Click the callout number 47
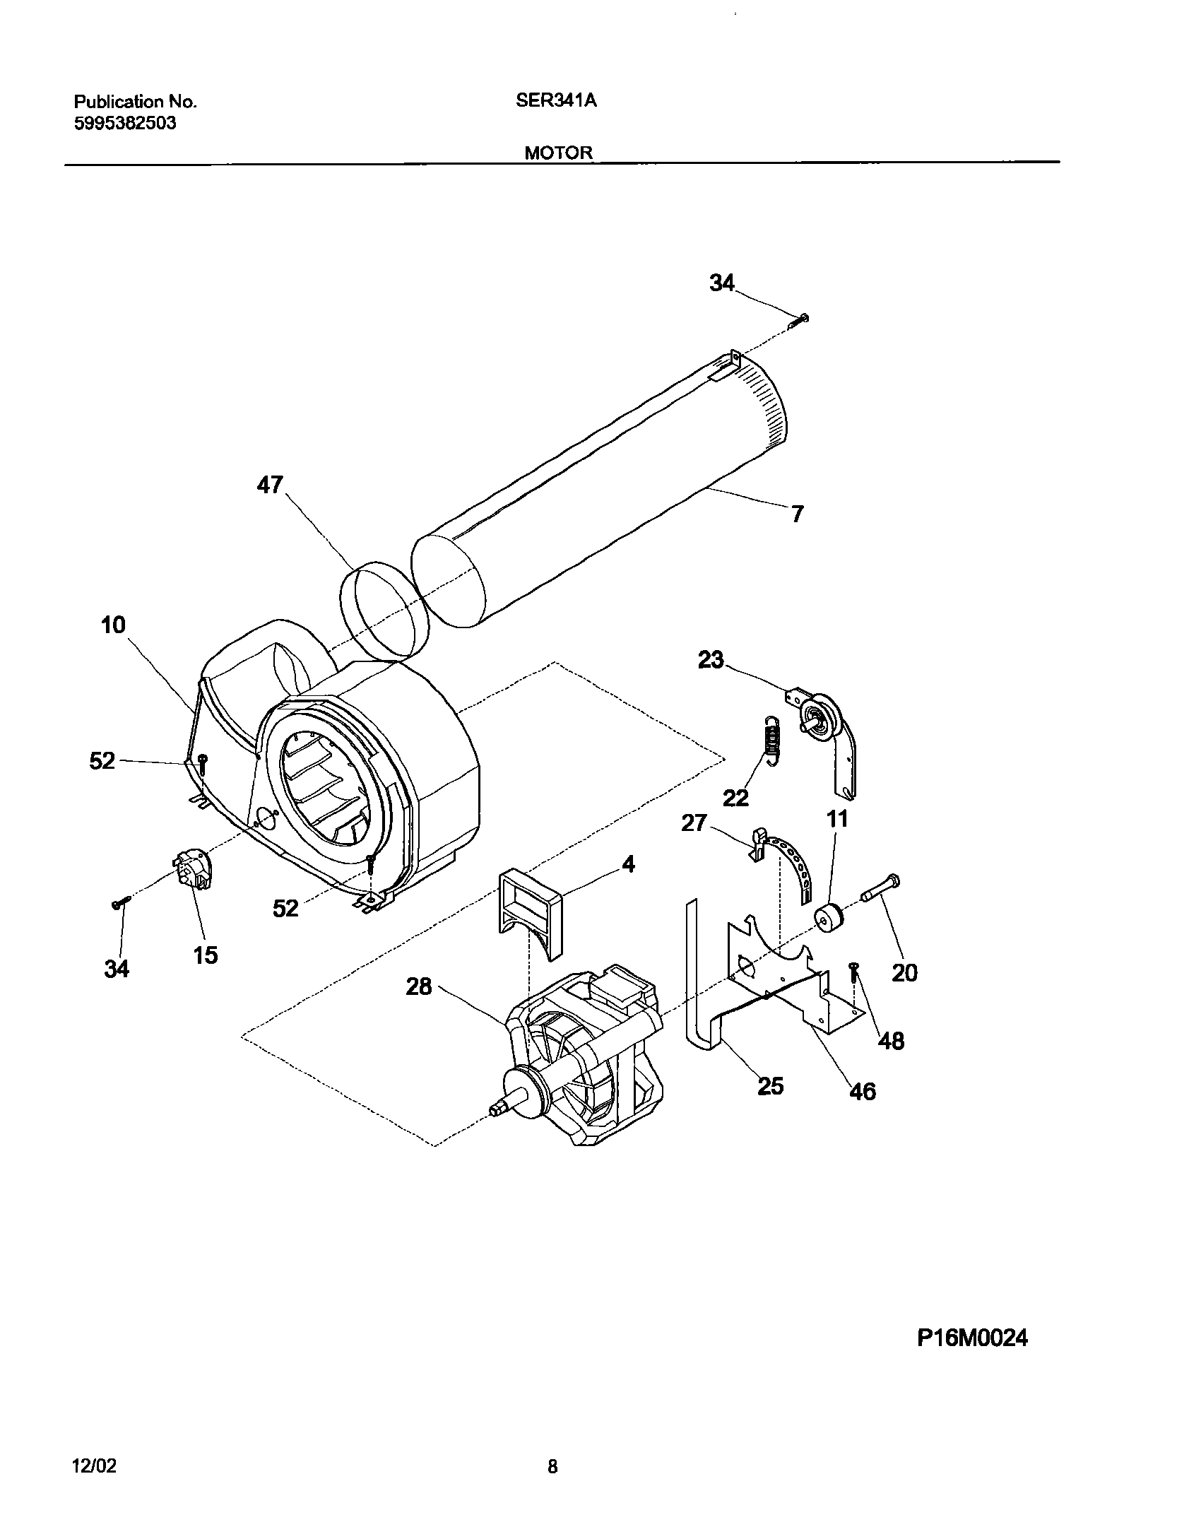270,485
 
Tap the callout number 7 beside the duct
797,514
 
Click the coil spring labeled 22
774,739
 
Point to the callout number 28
418,986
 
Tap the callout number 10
113,625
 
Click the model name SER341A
556,101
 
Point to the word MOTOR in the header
558,153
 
